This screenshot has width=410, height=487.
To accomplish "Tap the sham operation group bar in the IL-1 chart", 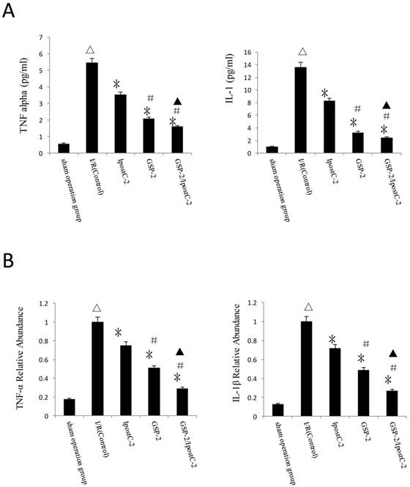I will (272, 150).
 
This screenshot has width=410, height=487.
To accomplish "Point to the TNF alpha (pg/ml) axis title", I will (12, 95).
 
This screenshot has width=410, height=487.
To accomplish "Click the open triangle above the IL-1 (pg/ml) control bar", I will (301, 52).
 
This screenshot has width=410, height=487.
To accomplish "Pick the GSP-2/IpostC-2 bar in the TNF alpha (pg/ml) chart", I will (176, 140).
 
